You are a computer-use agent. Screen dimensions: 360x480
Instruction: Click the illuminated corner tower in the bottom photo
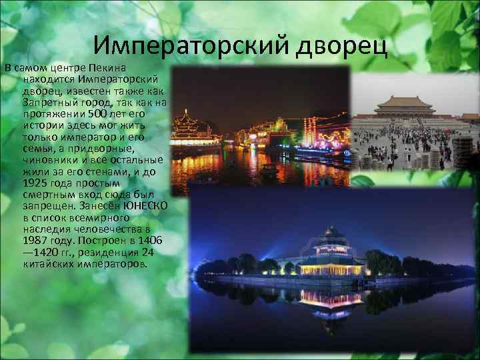click(332, 250)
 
